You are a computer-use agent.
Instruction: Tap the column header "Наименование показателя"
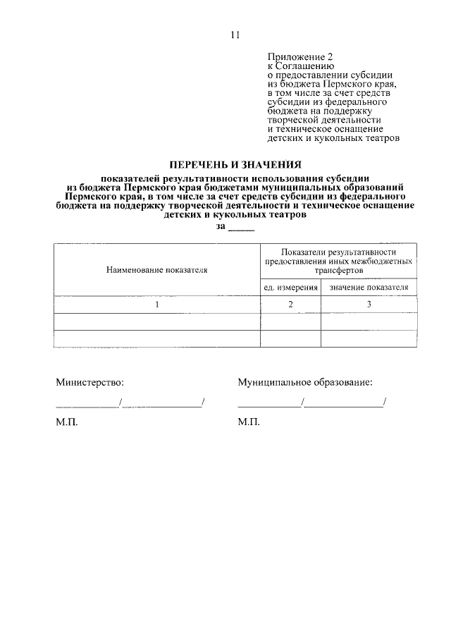pyautogui.click(x=157, y=269)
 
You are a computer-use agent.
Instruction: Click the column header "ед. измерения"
pyautogui.click(x=291, y=288)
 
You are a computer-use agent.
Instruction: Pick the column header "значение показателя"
pyautogui.click(x=369, y=288)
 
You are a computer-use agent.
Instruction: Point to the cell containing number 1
pyautogui.click(x=157, y=305)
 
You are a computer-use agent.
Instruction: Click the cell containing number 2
pyautogui.click(x=290, y=305)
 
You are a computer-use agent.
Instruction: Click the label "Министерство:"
pyautogui.click(x=89, y=382)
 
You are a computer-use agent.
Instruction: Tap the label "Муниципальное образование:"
pyautogui.click(x=305, y=382)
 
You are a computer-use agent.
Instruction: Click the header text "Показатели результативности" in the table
pyautogui.click(x=338, y=252)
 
